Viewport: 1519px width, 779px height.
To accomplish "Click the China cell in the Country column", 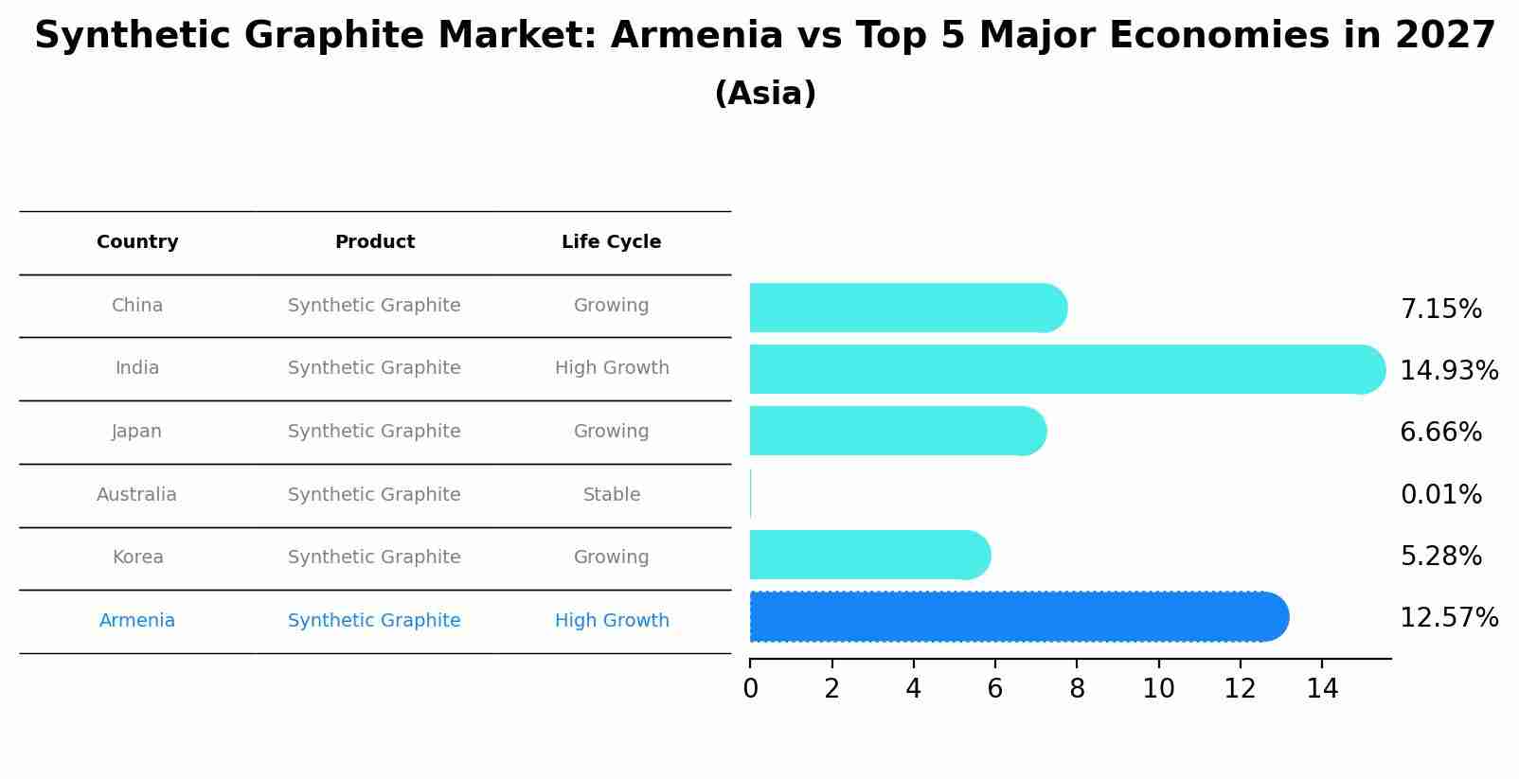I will [x=137, y=306].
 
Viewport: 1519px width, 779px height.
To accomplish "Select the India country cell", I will [x=137, y=368].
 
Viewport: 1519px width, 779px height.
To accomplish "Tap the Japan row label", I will [x=137, y=432].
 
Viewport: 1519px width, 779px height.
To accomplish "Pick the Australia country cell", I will [x=136, y=495].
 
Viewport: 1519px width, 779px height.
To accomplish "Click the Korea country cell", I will [x=138, y=558].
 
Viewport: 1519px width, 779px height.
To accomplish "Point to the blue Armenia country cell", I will [x=137, y=621].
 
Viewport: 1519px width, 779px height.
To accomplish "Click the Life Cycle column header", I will [x=612, y=242].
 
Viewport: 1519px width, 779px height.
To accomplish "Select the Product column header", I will [x=375, y=242].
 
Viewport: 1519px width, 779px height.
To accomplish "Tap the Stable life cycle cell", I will [x=612, y=495].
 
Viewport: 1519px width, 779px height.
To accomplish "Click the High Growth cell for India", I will [x=612, y=368].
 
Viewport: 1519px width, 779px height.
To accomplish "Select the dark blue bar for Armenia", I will [x=1018, y=617].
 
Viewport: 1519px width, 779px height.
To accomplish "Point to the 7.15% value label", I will [x=1440, y=310].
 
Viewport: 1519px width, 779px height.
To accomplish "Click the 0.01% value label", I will [x=1440, y=495].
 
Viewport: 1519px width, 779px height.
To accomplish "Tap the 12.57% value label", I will [x=1449, y=618].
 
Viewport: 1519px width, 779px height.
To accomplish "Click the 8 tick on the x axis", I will [x=1077, y=689].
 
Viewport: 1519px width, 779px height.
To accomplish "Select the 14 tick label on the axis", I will [x=1322, y=689].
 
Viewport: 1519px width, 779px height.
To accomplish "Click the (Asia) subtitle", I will [x=765, y=94].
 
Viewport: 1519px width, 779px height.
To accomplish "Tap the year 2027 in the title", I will [x=1445, y=36].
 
